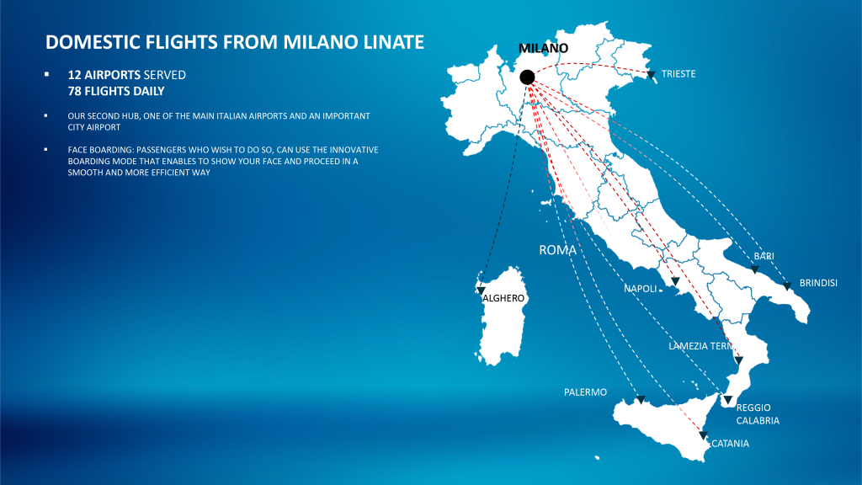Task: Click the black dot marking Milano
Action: [x=527, y=77]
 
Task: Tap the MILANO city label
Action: [x=543, y=48]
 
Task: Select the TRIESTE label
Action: [x=678, y=74]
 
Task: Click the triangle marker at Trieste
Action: [x=651, y=75]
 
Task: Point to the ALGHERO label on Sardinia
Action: [x=503, y=298]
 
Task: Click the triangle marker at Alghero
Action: [x=481, y=290]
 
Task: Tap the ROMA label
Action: [x=557, y=250]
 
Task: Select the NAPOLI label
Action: [x=640, y=289]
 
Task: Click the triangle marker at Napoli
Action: [x=675, y=281]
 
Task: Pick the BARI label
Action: [x=764, y=256]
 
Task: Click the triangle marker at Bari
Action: [x=755, y=269]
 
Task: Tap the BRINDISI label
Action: [x=818, y=283]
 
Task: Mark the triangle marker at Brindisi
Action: [x=787, y=286]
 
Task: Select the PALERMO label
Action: [x=586, y=392]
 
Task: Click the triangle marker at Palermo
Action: [x=641, y=399]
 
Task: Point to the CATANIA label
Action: [x=730, y=443]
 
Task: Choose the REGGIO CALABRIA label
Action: [x=758, y=414]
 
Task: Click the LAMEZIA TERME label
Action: [x=701, y=346]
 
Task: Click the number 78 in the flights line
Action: [x=74, y=91]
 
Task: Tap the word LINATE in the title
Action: [x=394, y=42]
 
